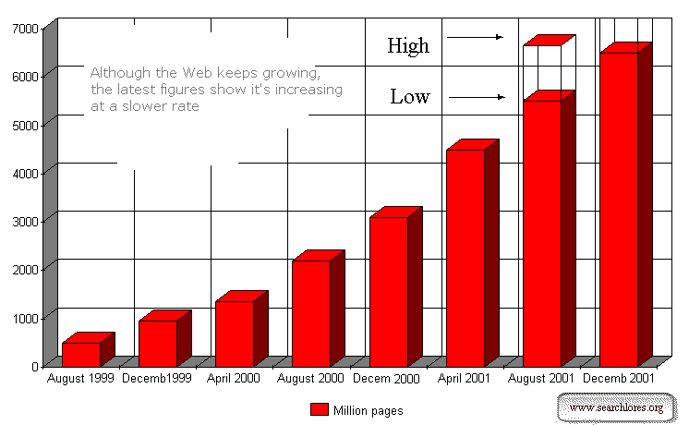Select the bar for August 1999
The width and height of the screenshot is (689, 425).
(81, 354)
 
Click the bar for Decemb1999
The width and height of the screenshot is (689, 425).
(158, 343)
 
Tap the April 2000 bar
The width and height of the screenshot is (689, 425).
(235, 334)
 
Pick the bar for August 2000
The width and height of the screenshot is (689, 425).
(311, 313)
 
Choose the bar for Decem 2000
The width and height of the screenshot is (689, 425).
(389, 291)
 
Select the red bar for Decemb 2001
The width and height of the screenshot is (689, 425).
(619, 209)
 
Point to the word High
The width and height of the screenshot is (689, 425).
(408, 44)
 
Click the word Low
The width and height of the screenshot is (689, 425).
(410, 96)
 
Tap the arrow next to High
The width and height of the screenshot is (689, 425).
(474, 38)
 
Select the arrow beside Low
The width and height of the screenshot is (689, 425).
(477, 97)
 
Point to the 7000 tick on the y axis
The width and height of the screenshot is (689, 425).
(25, 28)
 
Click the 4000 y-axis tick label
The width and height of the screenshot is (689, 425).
(25, 172)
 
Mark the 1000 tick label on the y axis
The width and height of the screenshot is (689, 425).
(25, 317)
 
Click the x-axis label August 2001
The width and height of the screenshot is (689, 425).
(542, 378)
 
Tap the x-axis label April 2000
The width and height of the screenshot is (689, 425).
(235, 378)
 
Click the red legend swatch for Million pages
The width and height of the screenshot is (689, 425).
(319, 409)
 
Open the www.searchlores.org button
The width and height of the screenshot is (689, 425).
(616, 407)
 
